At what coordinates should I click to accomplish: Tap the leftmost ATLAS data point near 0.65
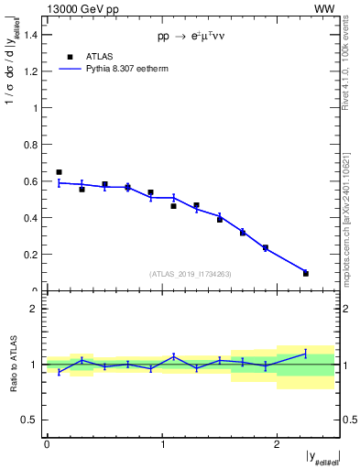point(59,172)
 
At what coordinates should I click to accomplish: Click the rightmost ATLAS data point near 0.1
point(306,273)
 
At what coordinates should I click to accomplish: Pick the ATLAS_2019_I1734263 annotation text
point(191,273)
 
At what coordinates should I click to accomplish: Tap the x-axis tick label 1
point(162,444)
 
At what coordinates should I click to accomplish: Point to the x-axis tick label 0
point(47,444)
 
